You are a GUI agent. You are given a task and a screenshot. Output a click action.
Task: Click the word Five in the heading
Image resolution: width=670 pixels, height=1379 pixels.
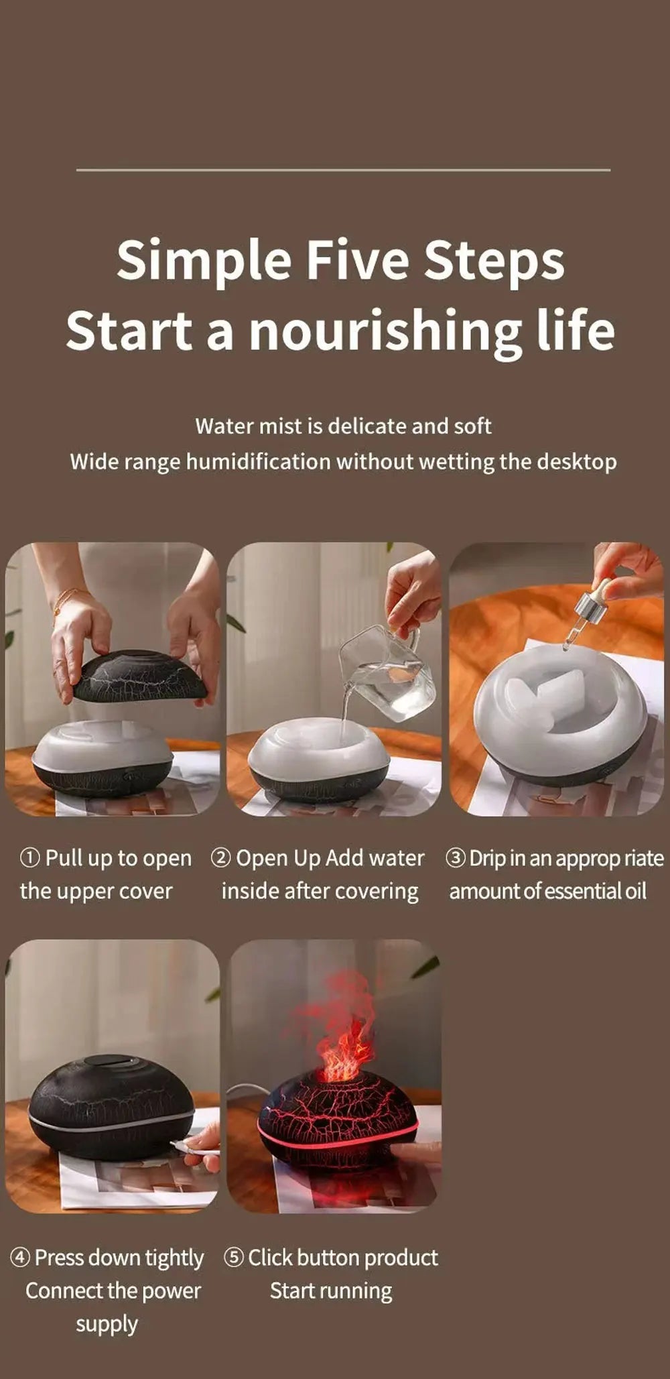357,260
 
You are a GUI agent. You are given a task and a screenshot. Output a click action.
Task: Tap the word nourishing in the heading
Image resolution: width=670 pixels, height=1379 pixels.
385,331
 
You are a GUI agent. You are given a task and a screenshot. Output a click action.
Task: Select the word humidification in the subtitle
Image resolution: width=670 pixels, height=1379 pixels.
259,462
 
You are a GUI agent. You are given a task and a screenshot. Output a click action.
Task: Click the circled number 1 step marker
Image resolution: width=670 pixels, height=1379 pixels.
30,857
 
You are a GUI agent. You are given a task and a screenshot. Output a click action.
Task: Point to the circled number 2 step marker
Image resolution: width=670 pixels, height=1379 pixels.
221,857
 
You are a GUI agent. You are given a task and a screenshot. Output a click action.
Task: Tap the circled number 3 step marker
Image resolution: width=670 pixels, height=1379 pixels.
456,858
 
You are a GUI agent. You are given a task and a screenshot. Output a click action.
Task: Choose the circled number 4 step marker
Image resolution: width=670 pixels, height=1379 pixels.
21,1258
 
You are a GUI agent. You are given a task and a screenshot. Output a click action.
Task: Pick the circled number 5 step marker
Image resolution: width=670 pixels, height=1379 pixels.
234,1258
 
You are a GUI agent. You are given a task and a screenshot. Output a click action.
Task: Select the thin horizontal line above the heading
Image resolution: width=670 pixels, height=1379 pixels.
343,170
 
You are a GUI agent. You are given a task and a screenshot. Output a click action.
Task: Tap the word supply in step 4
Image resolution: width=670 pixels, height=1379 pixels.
107,1325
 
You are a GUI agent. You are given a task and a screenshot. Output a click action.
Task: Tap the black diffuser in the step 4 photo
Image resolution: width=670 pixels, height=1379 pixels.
111,1105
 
